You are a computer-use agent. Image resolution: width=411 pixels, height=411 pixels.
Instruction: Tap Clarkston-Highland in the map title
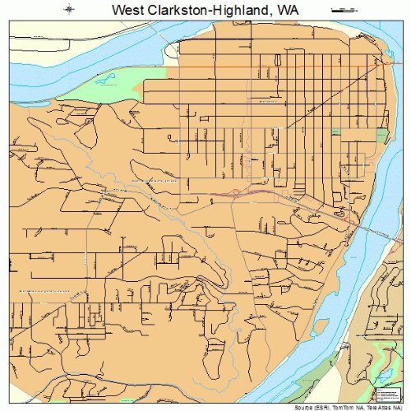[x=201, y=9]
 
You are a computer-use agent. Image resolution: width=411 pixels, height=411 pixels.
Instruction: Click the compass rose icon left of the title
[x=71, y=9]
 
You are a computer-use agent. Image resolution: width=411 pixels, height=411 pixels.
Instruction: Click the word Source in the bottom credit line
[x=290, y=406]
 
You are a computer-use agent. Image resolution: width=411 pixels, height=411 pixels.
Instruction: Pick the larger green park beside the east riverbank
[x=381, y=136]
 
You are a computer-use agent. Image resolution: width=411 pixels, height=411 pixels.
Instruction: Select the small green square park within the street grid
[x=335, y=131]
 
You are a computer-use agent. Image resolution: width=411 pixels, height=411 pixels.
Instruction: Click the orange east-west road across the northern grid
[x=279, y=66]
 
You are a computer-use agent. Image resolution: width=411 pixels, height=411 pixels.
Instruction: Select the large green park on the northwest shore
[x=115, y=90]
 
